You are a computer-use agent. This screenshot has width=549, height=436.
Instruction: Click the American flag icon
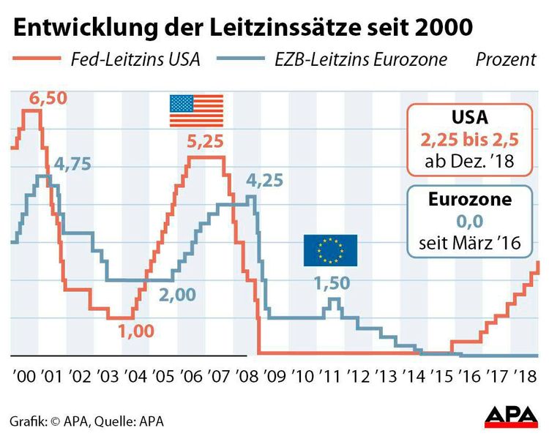196,110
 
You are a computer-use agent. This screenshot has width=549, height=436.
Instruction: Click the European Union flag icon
330,250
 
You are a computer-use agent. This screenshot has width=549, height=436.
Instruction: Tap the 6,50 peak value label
48,98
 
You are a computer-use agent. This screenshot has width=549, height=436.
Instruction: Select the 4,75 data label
72,164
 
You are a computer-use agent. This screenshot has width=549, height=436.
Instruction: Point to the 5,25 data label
205,141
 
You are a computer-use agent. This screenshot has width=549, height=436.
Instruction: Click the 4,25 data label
265,181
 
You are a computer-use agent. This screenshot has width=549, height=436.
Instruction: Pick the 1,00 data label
136,331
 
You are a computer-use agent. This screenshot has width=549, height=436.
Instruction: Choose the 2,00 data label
178,295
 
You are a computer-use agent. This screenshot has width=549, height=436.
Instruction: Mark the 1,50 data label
332,282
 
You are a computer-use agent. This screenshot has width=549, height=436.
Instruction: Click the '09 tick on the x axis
275,377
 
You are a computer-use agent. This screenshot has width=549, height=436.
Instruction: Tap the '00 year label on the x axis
24,377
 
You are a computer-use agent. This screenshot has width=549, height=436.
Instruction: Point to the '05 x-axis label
163,377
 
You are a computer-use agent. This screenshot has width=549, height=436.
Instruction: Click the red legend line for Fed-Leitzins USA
37,58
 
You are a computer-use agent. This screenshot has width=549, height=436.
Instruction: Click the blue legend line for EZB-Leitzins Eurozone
241,58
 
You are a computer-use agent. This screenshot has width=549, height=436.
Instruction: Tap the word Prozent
506,59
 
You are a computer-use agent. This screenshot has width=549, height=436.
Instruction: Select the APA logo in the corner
512,417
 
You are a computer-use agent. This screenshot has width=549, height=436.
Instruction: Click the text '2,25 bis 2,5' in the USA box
469,140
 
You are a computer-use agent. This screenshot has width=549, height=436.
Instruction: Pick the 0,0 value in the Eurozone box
469,221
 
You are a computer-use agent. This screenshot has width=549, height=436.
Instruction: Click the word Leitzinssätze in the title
285,28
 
